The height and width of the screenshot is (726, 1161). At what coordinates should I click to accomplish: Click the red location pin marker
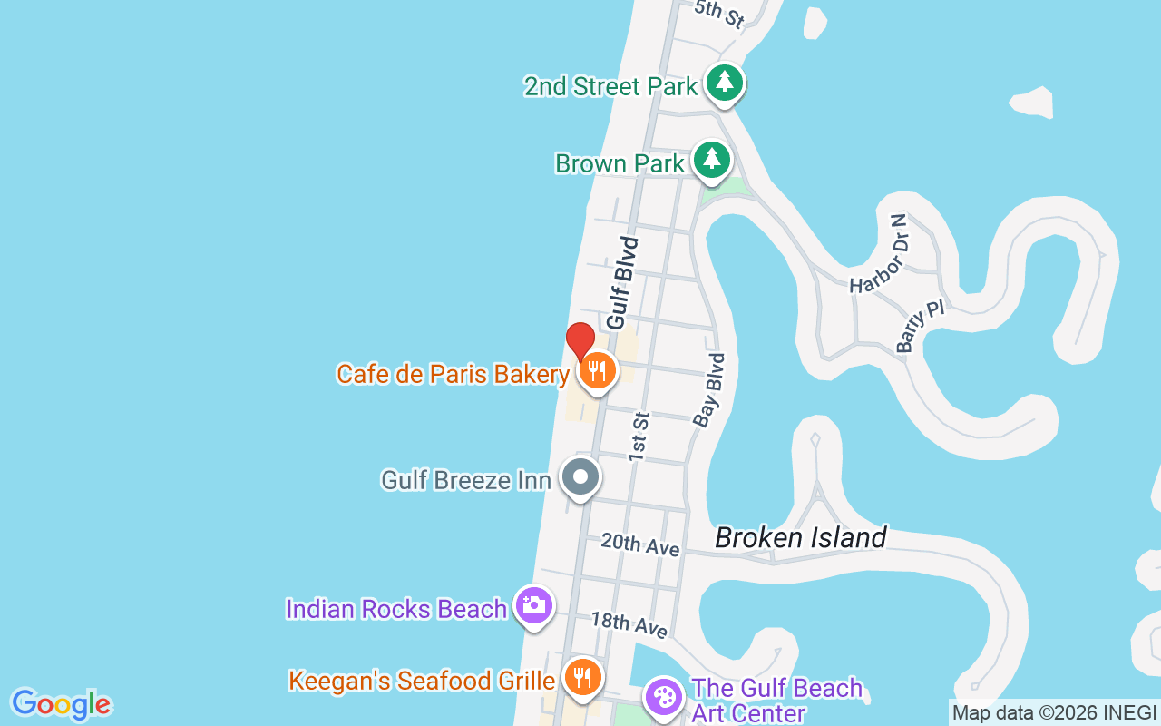[580, 341]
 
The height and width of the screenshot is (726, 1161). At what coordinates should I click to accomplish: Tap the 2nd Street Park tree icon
[724, 83]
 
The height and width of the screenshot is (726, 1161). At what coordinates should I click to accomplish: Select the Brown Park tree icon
[712, 161]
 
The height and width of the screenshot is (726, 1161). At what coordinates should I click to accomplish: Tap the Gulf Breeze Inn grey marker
[580, 476]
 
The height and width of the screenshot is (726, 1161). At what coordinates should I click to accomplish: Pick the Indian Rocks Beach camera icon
[533, 605]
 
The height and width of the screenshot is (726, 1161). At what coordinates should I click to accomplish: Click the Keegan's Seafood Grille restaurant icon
[582, 677]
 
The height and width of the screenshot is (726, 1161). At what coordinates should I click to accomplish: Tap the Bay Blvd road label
[709, 390]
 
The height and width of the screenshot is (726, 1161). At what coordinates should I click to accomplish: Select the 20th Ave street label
[639, 544]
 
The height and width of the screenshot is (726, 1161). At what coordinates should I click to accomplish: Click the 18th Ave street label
[629, 624]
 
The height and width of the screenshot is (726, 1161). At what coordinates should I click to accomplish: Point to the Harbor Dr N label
[878, 255]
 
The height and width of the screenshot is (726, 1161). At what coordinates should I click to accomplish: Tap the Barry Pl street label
[920, 326]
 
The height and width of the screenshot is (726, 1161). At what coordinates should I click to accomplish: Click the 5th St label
[719, 14]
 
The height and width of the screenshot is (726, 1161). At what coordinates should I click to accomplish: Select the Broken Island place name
[800, 537]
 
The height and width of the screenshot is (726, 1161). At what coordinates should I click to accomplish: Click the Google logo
[61, 704]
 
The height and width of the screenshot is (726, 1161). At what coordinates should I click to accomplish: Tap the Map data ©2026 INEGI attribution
[1054, 713]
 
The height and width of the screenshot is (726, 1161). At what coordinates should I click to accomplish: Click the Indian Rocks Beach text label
[395, 609]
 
